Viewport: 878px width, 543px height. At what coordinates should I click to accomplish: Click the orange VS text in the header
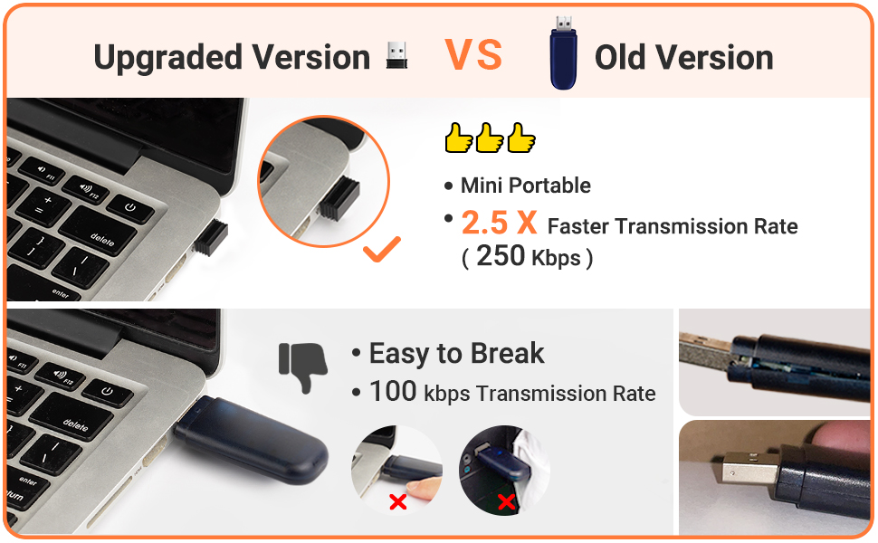(x=473, y=55)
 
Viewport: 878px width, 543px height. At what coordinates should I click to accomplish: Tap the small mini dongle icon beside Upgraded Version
(x=397, y=55)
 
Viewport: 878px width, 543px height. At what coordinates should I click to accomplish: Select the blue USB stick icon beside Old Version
(x=563, y=53)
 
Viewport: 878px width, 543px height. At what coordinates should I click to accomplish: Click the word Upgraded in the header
(x=168, y=58)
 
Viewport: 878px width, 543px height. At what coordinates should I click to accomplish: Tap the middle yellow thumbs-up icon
(x=490, y=138)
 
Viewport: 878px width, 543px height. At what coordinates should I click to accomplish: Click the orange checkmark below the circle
(x=382, y=249)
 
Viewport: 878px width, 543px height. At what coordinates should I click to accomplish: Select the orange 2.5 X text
(x=500, y=223)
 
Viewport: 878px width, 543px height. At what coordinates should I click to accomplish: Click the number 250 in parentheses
(x=501, y=256)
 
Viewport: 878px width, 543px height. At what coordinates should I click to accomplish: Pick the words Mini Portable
(x=525, y=186)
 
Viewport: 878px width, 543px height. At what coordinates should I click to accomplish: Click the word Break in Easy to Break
(x=507, y=353)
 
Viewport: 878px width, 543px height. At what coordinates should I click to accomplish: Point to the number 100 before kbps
(x=393, y=391)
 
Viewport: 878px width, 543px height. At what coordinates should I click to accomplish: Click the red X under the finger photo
(x=398, y=501)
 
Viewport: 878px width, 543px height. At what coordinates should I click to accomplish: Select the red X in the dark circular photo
(x=506, y=501)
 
